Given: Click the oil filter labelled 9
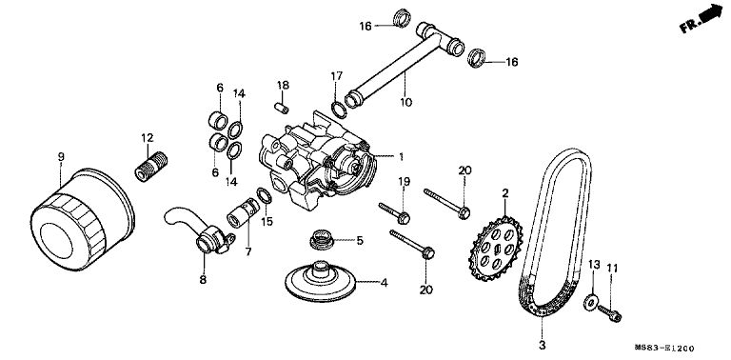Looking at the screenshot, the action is (x=83, y=219).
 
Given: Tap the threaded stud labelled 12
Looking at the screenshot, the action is (x=151, y=167).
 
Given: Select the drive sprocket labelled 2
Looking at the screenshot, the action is (x=497, y=248).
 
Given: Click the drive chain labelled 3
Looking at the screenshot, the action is (x=554, y=233).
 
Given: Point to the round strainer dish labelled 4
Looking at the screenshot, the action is (x=321, y=283).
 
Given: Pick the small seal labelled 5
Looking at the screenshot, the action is (x=321, y=239).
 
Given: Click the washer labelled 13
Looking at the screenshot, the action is (x=591, y=303).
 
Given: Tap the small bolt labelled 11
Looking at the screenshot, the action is (x=610, y=312).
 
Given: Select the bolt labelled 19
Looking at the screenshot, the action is (x=394, y=211).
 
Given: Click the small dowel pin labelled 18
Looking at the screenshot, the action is (x=281, y=108).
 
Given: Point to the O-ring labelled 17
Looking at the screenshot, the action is (x=339, y=110).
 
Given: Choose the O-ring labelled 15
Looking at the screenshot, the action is (x=265, y=196).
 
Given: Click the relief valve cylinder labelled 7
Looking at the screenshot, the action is (x=243, y=213).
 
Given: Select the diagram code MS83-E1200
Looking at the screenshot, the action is (x=664, y=349).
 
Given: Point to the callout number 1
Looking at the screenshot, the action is (x=401, y=157).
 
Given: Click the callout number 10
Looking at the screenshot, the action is (x=406, y=102).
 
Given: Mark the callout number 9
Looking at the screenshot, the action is (x=61, y=157).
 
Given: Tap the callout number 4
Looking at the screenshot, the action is (x=384, y=283).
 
